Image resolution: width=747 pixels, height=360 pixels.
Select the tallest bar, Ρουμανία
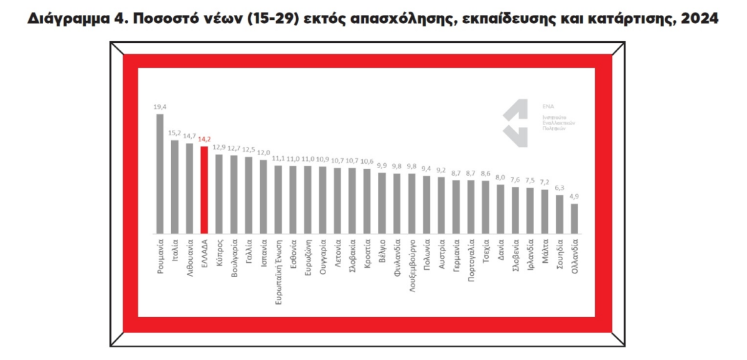tap(159, 174)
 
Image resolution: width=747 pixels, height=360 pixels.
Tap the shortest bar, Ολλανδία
tap(574, 219)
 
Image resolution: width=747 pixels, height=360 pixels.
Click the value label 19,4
tap(159, 107)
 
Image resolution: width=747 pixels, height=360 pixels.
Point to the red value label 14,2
tap(204, 140)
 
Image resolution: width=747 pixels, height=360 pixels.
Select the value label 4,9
tap(574, 196)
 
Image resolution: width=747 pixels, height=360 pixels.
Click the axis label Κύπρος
tap(219, 252)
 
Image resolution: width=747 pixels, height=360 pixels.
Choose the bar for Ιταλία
tap(174, 187)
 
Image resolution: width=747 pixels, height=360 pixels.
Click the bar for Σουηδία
tap(559, 214)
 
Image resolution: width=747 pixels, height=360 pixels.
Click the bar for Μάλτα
tap(544, 212)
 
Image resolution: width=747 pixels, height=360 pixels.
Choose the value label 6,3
tap(559, 187)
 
